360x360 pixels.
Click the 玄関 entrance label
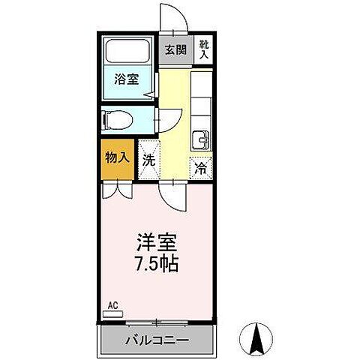(175, 51)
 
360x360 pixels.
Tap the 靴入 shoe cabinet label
(204, 50)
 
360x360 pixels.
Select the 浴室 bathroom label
(125, 79)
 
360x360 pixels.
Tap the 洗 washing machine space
(149, 159)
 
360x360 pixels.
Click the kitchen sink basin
(201, 140)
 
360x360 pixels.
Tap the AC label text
(113, 306)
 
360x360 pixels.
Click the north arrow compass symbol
(255, 340)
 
